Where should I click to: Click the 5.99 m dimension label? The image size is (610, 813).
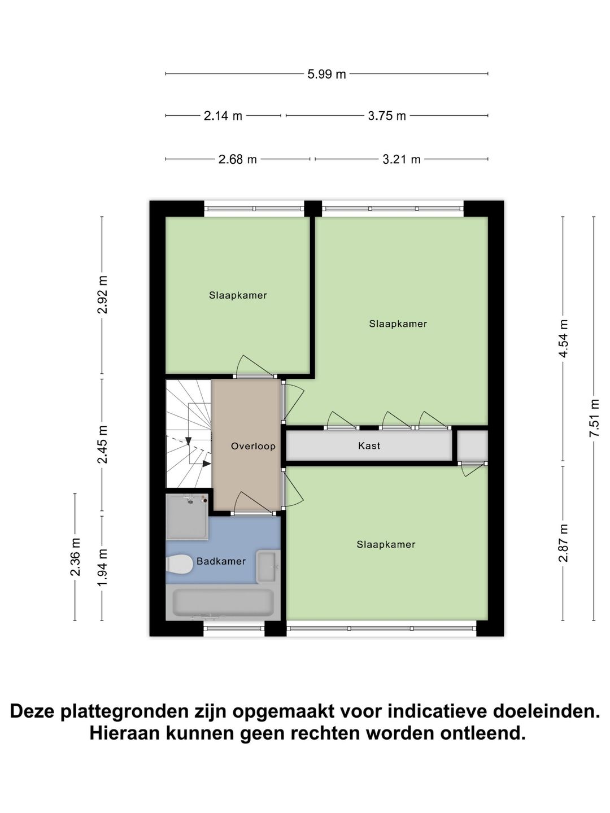tap(326, 74)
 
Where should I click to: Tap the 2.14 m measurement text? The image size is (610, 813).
tap(223, 116)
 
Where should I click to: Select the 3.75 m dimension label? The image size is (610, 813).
tap(387, 116)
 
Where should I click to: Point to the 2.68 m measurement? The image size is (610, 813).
tap(238, 159)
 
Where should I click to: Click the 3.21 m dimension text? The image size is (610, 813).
tap(402, 159)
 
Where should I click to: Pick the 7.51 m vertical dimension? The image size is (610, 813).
tap(594, 418)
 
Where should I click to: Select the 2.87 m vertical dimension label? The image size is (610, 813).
tap(563, 543)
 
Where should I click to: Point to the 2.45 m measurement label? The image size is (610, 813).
tap(102, 445)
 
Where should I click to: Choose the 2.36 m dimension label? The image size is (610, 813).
tap(75, 557)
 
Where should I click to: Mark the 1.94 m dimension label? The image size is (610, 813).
tap(102, 567)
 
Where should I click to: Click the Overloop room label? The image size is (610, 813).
tap(253, 446)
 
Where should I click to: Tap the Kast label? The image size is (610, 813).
tap(369, 446)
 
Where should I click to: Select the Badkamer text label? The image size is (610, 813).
tap(221, 561)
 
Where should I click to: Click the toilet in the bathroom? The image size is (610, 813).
tap(179, 564)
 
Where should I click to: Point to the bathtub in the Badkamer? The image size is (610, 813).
tap(223, 603)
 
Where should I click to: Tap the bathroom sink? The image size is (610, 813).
tap(267, 566)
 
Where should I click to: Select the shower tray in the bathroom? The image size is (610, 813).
tap(186, 517)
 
